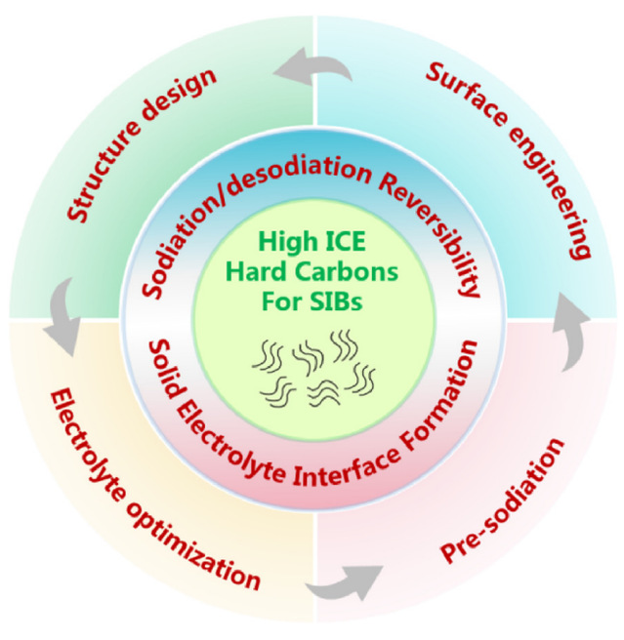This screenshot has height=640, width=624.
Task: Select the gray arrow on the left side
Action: click(62, 315)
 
